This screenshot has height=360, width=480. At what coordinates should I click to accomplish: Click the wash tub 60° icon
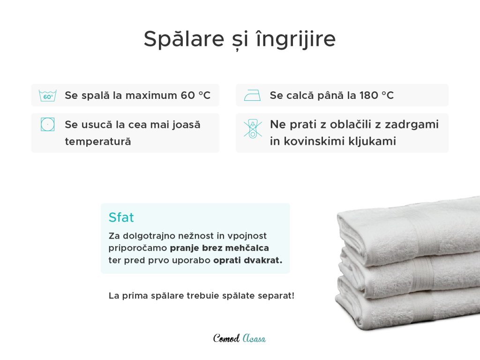[x=48, y=96]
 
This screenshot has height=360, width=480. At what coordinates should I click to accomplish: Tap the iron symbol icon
[x=252, y=95]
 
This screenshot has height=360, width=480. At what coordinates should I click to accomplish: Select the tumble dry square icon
[x=48, y=124]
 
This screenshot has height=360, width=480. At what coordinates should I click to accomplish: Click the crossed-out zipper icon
[x=253, y=128]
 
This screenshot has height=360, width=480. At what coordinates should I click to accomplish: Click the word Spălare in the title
[x=184, y=39]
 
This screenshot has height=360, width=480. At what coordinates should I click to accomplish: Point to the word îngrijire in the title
[x=296, y=39]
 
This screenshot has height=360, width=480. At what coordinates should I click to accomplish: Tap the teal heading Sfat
[x=121, y=217]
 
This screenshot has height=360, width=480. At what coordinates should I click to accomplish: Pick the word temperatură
[x=98, y=142]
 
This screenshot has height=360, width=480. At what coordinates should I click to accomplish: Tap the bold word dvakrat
[x=263, y=260]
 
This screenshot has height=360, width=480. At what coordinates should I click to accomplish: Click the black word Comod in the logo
[x=226, y=338]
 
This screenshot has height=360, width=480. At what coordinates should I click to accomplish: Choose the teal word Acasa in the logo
[x=254, y=338]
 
